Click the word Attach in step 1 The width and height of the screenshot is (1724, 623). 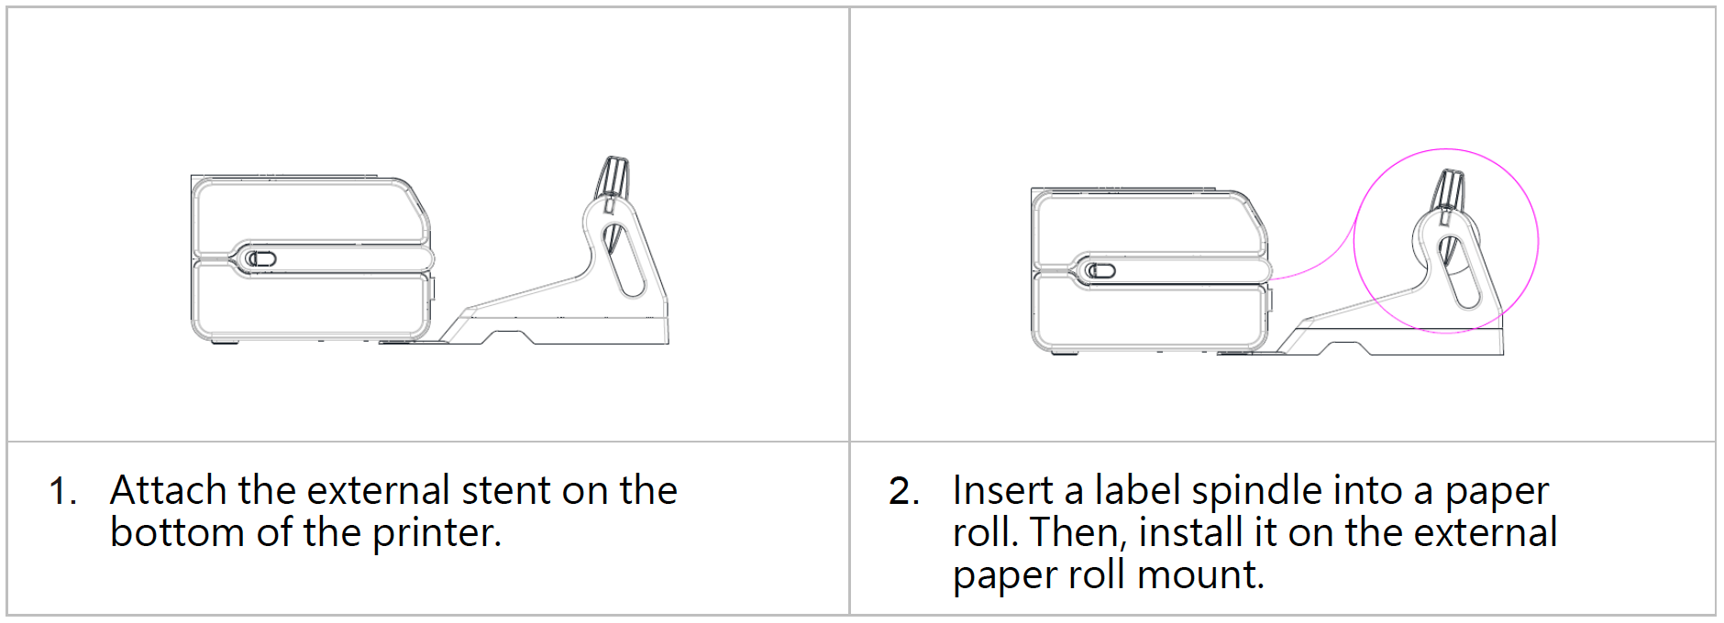(x=169, y=490)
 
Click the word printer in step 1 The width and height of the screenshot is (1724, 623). (x=434, y=534)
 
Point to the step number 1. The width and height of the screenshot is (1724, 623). (x=62, y=491)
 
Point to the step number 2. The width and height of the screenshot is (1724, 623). (x=904, y=491)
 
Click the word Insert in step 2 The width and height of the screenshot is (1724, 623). (x=1002, y=490)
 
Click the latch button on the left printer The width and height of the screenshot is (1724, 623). (x=261, y=259)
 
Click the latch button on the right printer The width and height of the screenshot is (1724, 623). (x=1100, y=270)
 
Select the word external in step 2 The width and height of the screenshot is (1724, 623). (x=1486, y=532)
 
